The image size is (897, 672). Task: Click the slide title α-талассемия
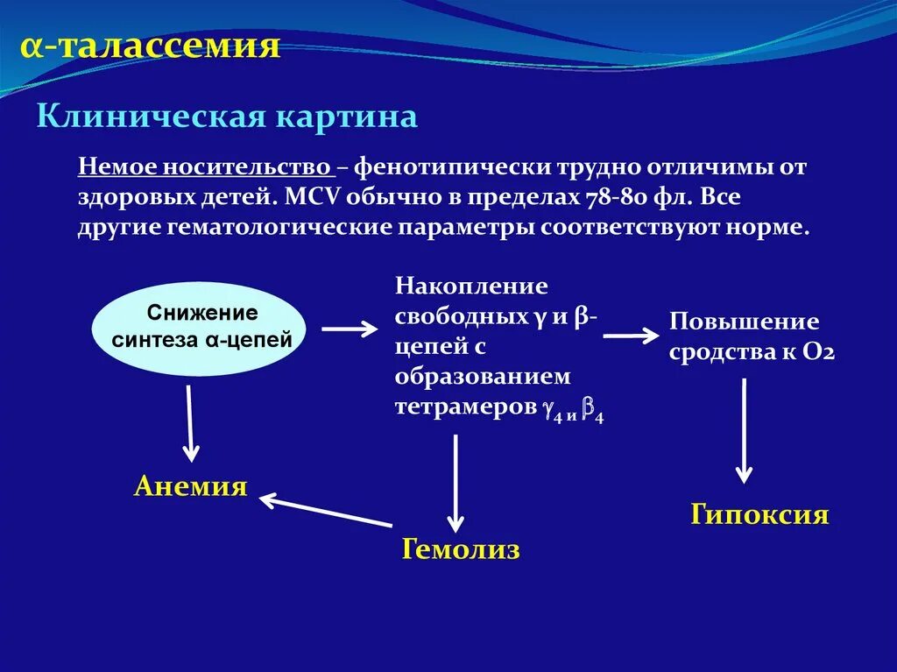point(151,47)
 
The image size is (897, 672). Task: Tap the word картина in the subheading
point(348,116)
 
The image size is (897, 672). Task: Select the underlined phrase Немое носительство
point(204,167)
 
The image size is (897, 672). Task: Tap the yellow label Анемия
point(190,487)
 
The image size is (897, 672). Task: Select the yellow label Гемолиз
point(461,549)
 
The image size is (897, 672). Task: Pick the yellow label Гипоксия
point(759,514)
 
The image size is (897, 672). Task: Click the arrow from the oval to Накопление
point(350,329)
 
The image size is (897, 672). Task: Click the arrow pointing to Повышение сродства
point(631,335)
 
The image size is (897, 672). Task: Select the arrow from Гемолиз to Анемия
point(326,512)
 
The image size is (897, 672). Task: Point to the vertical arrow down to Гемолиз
point(455,483)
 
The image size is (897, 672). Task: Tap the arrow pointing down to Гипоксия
point(744,430)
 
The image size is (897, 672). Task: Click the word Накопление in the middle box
point(470,287)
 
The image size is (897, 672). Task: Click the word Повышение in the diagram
point(744,322)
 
